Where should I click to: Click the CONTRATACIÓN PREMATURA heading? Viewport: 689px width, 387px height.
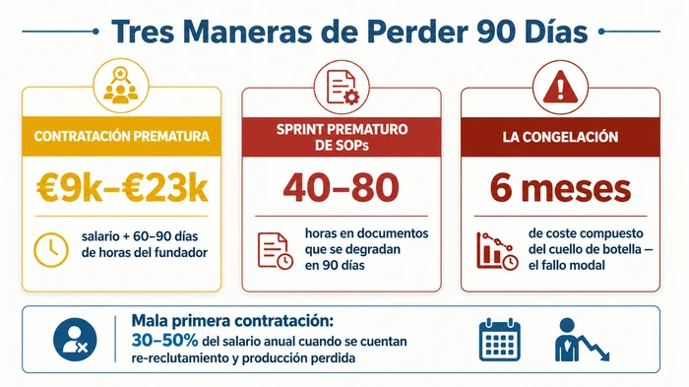coord(119,135)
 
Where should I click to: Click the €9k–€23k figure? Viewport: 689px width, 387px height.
coord(119,188)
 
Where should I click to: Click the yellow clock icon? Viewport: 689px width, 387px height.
coord(49,248)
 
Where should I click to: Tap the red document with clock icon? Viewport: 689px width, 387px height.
coord(275,250)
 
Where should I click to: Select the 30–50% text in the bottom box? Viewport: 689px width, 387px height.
coord(162,338)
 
